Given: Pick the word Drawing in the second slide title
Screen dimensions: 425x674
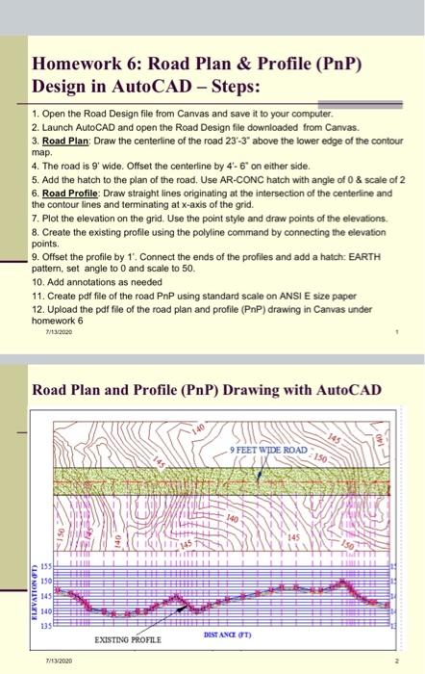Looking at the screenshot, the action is coord(223,391).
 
